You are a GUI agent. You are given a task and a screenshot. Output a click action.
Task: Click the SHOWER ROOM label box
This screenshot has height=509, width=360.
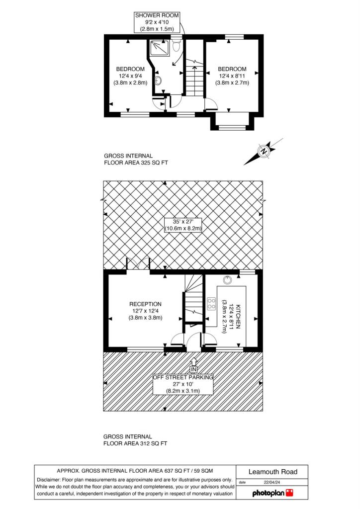[157, 22]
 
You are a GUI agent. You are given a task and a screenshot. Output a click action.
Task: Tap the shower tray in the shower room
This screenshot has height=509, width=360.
[160, 47]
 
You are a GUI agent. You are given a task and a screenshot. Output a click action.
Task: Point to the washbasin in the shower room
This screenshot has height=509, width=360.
[158, 80]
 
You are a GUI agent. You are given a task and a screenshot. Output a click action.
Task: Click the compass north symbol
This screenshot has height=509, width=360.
[264, 151]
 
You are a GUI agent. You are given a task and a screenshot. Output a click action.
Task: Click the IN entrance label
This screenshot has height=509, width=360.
[193, 369]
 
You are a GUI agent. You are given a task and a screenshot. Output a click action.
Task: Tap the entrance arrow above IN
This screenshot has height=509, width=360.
[193, 362]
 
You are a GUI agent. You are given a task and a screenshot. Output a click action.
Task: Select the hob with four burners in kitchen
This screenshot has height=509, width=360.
[211, 304]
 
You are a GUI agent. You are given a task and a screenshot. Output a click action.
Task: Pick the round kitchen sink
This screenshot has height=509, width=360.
[228, 280]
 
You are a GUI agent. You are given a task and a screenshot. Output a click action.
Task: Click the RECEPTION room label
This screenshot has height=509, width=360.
[145, 304]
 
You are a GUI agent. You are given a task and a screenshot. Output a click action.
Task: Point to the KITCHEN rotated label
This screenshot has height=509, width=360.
[238, 317]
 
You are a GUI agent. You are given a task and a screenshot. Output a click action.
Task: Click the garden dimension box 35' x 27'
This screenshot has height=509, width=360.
[183, 225]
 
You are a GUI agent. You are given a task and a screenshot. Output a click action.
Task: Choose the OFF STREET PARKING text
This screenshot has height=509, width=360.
[183, 377]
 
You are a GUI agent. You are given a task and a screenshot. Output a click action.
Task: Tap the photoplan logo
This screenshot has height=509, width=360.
[272, 493]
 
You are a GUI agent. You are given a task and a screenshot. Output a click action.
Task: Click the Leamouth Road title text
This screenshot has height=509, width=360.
[272, 472]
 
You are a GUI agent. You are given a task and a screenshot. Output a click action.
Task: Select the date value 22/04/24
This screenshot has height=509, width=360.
[272, 482]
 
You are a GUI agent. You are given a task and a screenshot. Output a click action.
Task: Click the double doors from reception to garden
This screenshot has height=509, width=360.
[138, 263]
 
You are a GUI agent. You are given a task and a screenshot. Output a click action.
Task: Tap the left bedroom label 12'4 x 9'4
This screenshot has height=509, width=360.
[130, 76]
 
